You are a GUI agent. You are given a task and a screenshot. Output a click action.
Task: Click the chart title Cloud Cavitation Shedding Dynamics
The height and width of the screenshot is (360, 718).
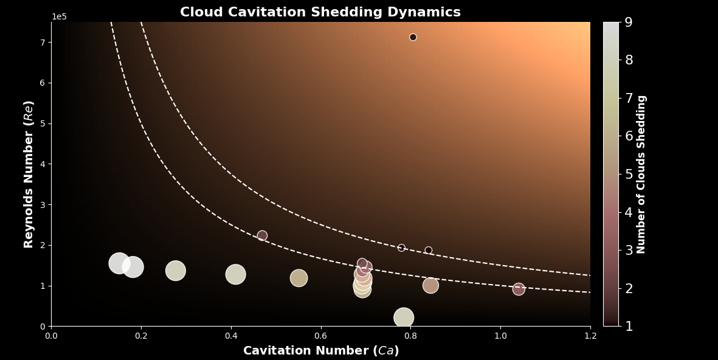320,12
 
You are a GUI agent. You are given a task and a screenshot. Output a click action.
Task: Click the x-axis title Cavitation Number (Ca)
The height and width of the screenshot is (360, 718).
321,351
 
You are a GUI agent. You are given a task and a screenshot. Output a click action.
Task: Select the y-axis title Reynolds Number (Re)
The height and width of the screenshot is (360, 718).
29,174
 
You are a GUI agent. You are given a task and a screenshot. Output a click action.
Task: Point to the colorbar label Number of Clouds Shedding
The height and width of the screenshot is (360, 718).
641,174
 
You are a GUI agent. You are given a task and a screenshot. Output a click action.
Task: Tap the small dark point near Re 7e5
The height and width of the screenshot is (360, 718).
413,37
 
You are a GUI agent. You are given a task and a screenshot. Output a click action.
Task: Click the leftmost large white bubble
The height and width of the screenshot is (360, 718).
119,263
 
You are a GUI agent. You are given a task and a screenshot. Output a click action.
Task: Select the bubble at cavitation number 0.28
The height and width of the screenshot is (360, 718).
175,271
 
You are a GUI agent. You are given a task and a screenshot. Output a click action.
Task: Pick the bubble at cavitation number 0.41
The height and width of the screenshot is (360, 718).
235,274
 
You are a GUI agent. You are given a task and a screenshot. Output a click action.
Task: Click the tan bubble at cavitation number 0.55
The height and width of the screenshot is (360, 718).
299,278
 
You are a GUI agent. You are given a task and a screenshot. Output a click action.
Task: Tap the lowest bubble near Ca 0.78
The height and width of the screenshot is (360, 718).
404,317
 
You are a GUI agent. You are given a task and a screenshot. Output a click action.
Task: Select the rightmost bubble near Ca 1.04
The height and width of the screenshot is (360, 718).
519,289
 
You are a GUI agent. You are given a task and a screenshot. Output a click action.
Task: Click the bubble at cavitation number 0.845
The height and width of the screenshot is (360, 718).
430,285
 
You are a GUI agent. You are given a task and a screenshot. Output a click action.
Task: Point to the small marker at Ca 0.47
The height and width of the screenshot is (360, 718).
262,235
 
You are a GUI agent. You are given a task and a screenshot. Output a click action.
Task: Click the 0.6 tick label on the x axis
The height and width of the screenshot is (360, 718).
320,336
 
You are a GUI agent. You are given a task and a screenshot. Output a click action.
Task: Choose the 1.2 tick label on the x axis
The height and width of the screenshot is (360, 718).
590,336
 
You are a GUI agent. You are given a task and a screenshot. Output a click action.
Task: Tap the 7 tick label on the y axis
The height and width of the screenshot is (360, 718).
43,43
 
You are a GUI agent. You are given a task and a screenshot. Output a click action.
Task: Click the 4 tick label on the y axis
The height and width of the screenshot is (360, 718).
43,164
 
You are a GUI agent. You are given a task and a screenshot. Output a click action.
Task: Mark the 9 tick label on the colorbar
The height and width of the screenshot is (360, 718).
629,22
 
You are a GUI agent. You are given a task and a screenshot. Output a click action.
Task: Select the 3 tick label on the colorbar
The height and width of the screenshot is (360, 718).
629,250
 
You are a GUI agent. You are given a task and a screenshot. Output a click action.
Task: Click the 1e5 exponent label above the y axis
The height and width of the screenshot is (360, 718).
59,16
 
